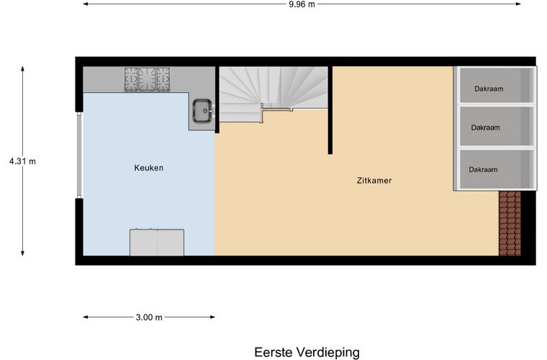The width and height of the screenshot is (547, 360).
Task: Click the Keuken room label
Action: [149, 168]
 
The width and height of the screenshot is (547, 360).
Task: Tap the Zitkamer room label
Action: [374, 181]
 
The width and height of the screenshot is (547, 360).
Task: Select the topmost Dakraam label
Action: [488, 89]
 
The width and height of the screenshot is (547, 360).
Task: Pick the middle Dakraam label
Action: [485, 127]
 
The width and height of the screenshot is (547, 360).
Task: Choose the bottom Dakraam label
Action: [483, 170]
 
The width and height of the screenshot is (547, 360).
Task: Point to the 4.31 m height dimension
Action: [22, 161]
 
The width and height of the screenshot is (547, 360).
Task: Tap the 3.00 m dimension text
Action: [149, 317]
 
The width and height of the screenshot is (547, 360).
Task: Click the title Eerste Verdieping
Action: [307, 352]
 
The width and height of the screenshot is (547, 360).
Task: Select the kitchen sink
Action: [202, 112]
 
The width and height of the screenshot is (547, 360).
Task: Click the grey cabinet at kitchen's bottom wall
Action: [156, 242]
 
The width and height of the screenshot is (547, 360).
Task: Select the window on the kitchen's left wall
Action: [79, 154]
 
